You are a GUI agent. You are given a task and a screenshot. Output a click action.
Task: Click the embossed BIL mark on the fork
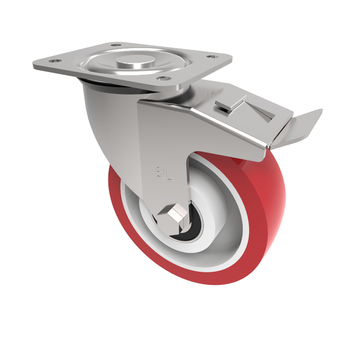pyautogui.click(x=162, y=171)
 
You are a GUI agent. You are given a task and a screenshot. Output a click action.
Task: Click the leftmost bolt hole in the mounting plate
pyautogui.click(x=54, y=59)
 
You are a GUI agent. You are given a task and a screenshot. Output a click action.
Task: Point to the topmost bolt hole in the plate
pyautogui.click(x=117, y=45)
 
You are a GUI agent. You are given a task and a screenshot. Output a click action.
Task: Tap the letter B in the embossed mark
pyautogui.click(x=158, y=171)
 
